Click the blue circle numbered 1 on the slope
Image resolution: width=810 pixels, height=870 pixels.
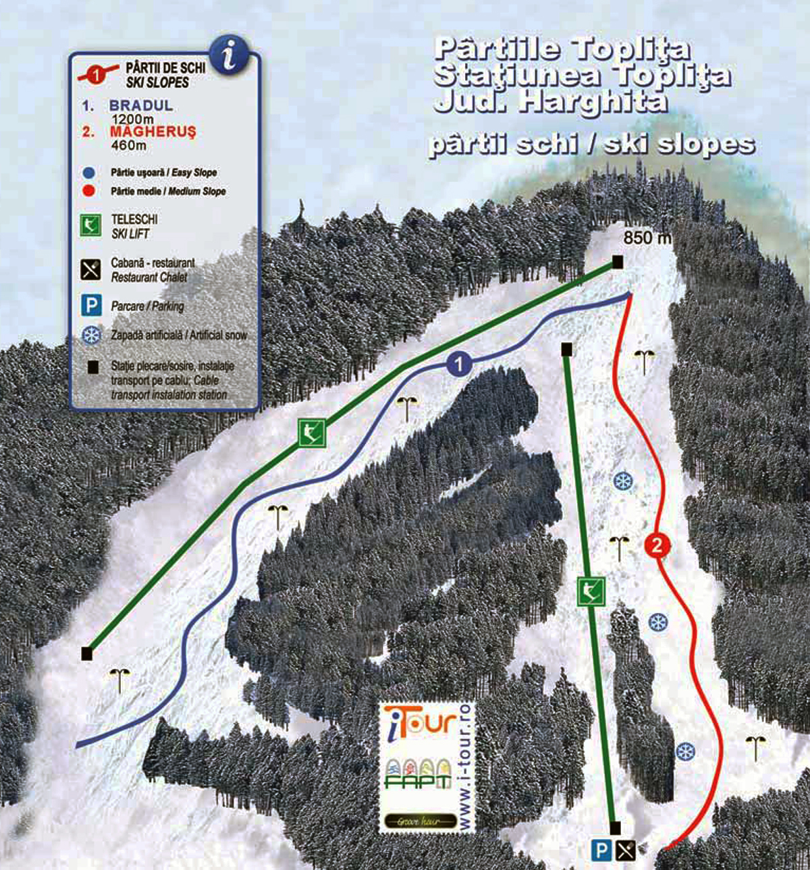pos(459,365)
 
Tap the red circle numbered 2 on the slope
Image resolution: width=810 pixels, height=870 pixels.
pos(657,545)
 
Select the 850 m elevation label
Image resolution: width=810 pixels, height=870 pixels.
pos(647,238)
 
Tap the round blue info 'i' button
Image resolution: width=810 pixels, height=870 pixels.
pos(230,56)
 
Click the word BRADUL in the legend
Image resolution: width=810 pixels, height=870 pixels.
pos(141,106)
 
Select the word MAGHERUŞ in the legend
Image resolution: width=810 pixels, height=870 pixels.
pos(153,132)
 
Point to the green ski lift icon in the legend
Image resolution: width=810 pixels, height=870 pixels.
pos(90,225)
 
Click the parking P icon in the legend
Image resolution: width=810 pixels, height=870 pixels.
pos(91,305)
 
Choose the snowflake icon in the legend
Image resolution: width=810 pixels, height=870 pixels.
pos(91,335)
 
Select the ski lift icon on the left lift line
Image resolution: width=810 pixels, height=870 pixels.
pos(312,433)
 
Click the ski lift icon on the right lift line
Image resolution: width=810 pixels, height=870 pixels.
pos(591,591)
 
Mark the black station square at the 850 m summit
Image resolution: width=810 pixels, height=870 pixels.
pos(617,262)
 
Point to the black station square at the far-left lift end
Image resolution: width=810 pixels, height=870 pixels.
pos(86,653)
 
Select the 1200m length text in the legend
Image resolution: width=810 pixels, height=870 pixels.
pos(132,119)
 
